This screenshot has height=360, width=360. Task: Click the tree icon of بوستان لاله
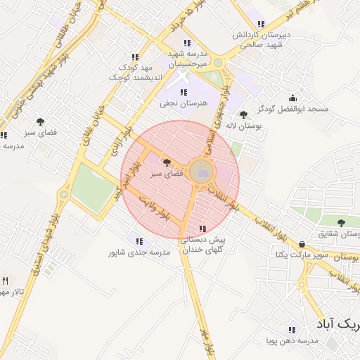point(243,114)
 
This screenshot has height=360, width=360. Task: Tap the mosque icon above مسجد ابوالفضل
point(292,98)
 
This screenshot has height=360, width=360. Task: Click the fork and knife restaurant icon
point(6,281)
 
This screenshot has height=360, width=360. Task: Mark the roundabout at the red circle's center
point(202,174)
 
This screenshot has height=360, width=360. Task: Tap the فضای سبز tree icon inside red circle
point(166,162)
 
